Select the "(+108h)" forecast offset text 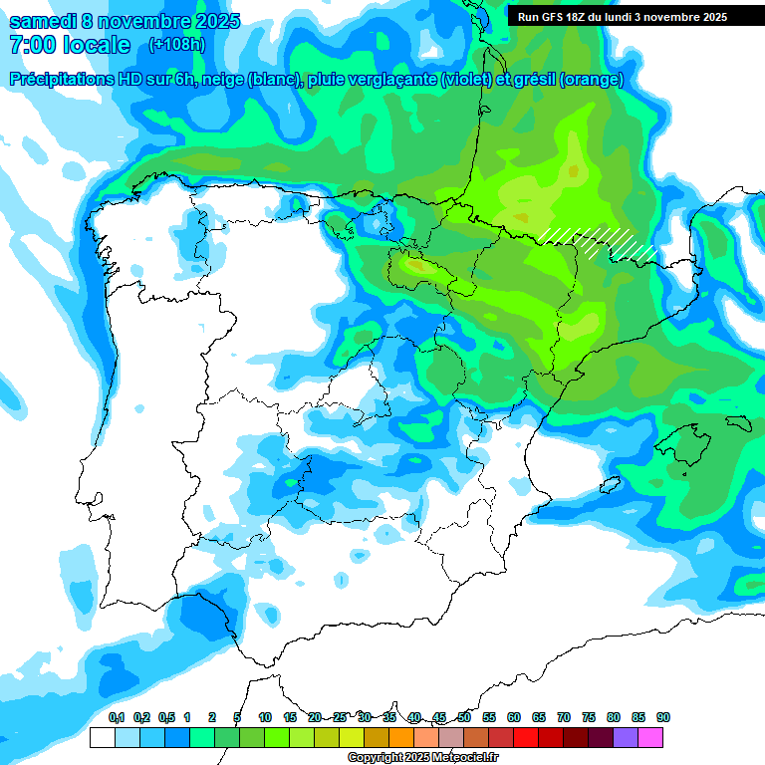point(176,45)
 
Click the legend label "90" point(663,717)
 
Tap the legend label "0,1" point(116,717)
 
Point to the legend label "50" point(464,717)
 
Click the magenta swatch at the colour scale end point(650,737)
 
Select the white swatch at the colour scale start point(102,737)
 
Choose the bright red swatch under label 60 point(526,737)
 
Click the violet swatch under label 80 point(626,737)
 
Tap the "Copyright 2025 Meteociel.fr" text point(423,757)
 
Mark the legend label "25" point(340,717)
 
